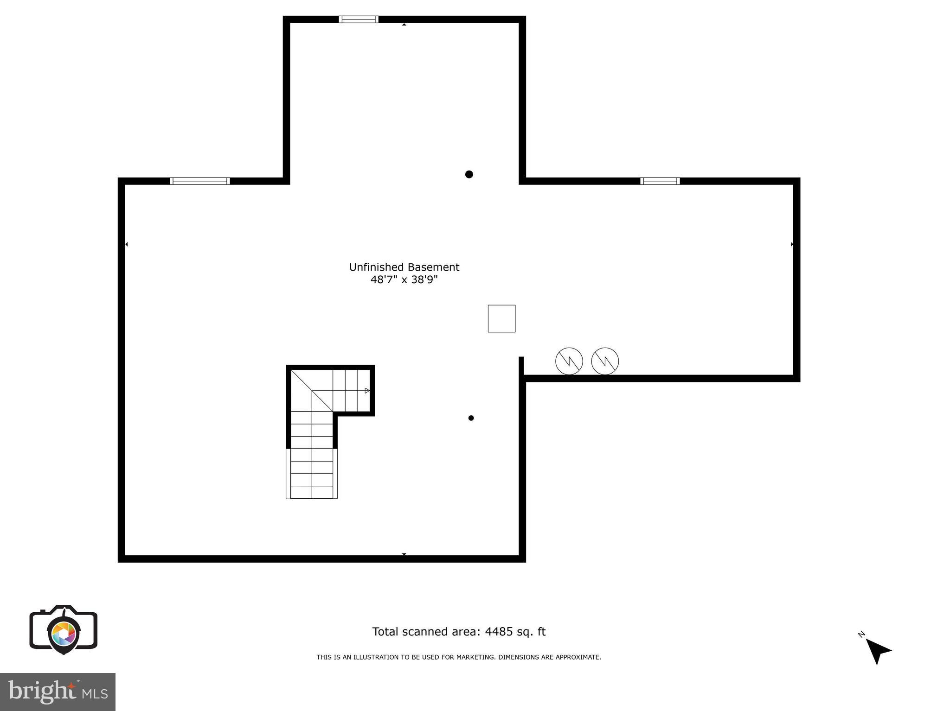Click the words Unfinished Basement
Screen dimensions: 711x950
(404, 267)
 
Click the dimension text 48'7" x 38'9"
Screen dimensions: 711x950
(404, 279)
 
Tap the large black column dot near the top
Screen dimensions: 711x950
(469, 174)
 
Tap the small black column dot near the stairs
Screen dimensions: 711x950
(471, 418)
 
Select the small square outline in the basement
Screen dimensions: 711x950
(501, 318)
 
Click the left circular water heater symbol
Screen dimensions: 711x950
(569, 361)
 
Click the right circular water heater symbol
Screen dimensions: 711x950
(605, 361)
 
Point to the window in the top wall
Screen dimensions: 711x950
(359, 19)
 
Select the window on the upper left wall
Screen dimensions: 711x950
(199, 181)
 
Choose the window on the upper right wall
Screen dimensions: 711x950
(660, 181)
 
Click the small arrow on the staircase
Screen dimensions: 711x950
(367, 391)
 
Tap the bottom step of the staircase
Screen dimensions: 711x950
(312, 492)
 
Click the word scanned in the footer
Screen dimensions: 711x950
(427, 632)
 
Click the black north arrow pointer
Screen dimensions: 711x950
(877, 650)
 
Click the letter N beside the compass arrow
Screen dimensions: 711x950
(861, 634)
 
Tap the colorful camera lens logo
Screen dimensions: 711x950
(64, 633)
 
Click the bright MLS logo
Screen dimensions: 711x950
(58, 692)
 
